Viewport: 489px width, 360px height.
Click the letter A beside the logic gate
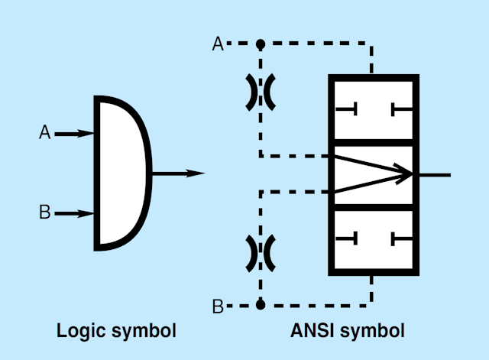44,133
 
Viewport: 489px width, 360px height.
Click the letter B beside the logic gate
44,212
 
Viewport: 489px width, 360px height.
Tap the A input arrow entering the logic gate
75,134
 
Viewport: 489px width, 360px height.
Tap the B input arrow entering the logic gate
75,213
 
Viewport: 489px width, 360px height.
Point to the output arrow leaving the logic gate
179,174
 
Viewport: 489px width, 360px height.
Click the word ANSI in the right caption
311,331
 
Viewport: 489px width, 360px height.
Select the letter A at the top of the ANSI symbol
218,44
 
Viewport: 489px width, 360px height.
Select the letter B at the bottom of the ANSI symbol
218,306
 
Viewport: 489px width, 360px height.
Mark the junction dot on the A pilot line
261,44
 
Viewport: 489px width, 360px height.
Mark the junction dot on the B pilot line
261,304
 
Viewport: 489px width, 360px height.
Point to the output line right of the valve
434,174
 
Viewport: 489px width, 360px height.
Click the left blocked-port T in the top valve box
348,110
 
